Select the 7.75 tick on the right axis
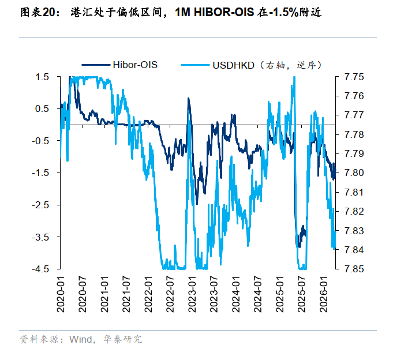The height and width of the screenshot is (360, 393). [x=354, y=77]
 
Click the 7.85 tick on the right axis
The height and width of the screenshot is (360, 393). [x=354, y=269]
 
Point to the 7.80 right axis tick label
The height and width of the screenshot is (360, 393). [x=354, y=172]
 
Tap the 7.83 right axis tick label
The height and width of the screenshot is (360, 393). [x=354, y=230]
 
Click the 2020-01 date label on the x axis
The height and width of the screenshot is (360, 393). [x=61, y=294]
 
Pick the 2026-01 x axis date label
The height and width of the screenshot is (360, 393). [x=324, y=294]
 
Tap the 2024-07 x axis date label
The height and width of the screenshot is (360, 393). [x=259, y=294]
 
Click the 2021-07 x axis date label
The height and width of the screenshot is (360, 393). [x=127, y=294]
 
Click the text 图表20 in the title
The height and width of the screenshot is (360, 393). [x=38, y=12]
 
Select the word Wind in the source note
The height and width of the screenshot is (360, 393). [x=80, y=339]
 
